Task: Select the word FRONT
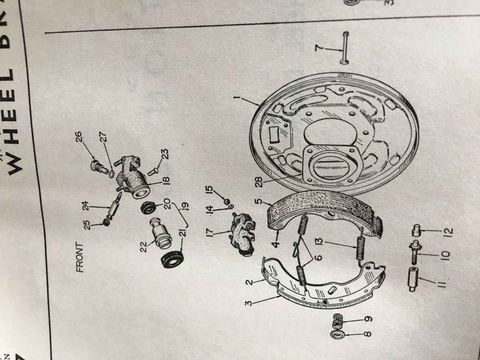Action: (79, 258)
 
